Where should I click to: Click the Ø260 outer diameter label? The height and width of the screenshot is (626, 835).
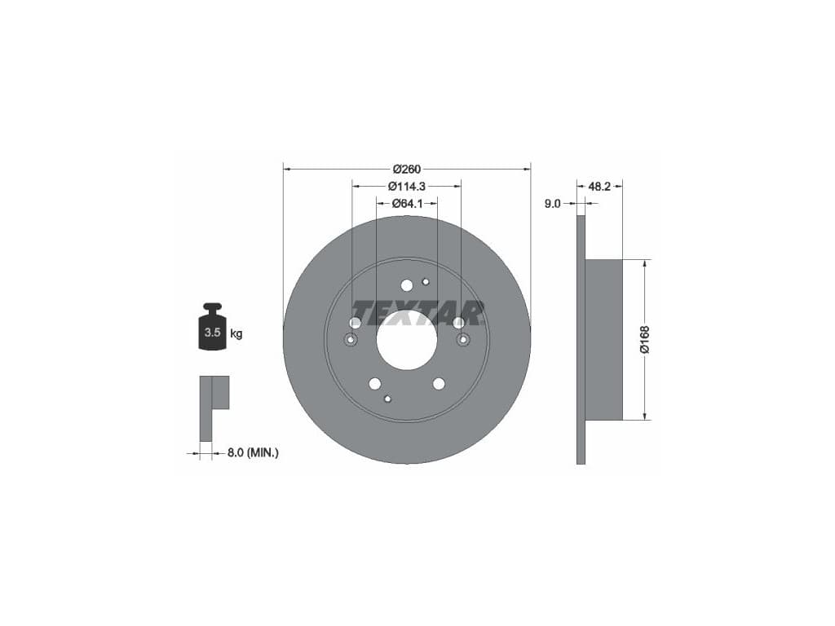click(x=407, y=170)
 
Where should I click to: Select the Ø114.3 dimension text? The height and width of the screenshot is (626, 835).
click(x=407, y=187)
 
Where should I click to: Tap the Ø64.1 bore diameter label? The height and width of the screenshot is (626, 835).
click(x=407, y=203)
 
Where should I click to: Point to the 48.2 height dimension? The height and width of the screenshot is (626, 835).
click(x=599, y=187)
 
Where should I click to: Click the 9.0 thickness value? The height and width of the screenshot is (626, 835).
click(x=553, y=203)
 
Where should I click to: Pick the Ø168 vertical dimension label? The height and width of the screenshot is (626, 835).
click(x=645, y=340)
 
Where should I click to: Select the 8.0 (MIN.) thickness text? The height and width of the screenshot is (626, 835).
click(x=253, y=453)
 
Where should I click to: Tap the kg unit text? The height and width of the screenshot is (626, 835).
click(x=236, y=333)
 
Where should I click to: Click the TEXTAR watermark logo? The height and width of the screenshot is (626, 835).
click(x=417, y=313)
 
